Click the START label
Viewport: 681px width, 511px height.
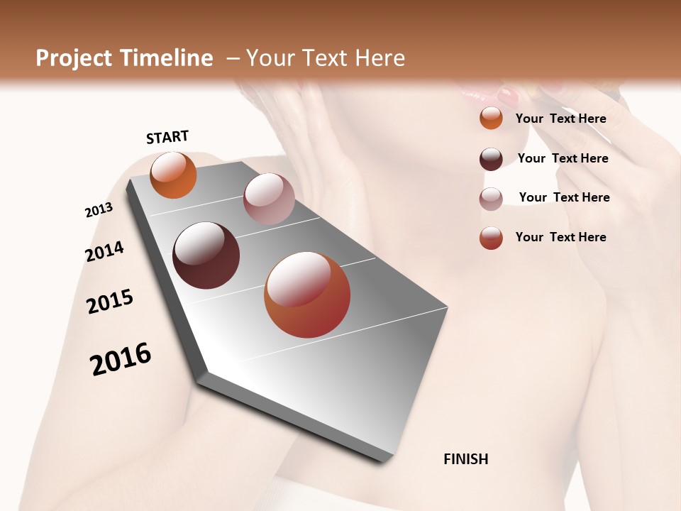click(x=167, y=137)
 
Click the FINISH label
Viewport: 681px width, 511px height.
click(x=465, y=459)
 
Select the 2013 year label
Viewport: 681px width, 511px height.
click(x=99, y=210)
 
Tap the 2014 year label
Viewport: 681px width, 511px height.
click(x=104, y=251)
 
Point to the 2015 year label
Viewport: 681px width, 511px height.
click(x=110, y=302)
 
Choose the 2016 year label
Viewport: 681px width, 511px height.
click(x=121, y=358)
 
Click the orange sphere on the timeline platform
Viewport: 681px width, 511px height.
click(x=173, y=175)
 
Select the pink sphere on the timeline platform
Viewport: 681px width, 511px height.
click(x=269, y=198)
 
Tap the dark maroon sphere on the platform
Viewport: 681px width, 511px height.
click(x=206, y=255)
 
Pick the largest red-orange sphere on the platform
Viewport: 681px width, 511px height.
click(x=307, y=295)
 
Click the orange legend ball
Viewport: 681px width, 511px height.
click(x=491, y=119)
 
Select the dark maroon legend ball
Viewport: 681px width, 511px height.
click(x=491, y=159)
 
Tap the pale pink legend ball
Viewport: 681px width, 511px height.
click(x=491, y=199)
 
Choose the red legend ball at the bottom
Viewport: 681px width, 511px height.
click(x=491, y=238)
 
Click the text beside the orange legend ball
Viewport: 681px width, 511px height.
click(x=560, y=119)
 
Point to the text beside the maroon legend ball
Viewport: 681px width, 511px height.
click(x=563, y=158)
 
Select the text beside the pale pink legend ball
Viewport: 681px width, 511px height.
click(x=564, y=197)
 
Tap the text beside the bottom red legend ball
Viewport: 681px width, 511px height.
click(x=560, y=237)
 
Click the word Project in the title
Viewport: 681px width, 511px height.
click(x=72, y=58)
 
